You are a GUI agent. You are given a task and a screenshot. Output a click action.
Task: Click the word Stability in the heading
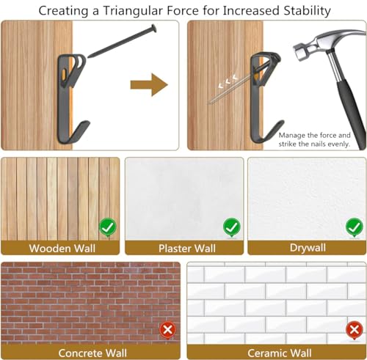[x=307, y=11]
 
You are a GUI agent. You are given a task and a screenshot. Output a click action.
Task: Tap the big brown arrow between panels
[x=149, y=85]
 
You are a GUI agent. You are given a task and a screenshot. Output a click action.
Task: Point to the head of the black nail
[x=154, y=28]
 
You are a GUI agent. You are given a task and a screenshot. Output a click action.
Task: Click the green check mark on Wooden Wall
[x=108, y=227]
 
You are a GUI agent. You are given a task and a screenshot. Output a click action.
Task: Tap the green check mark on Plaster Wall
[x=232, y=227]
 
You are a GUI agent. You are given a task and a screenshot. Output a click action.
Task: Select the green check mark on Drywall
[x=355, y=227]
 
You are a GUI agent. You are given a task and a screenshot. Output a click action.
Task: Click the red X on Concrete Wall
[x=167, y=330]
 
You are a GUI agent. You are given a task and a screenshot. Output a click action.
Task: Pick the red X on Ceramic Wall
[x=355, y=330]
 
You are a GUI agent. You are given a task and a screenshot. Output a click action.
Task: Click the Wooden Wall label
[x=62, y=249]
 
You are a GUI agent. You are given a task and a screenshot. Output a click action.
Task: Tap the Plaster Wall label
[x=187, y=249]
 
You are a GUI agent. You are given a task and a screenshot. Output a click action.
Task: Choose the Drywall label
[x=308, y=248]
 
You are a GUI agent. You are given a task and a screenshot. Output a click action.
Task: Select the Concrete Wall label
[x=92, y=353]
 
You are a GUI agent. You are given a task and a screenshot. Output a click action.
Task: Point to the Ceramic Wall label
[x=280, y=353]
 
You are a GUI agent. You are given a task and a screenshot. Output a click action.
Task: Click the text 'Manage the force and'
[x=315, y=135]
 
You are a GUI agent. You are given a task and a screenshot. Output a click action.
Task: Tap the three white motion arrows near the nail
[x=228, y=81]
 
